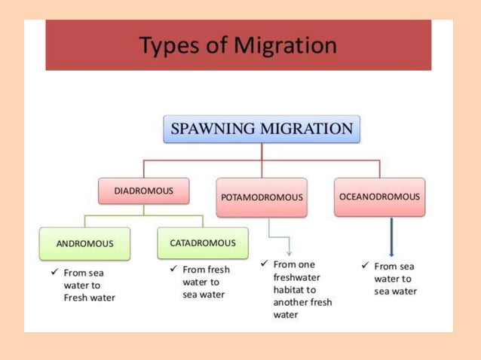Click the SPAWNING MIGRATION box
[x=262, y=129]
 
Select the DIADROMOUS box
[x=143, y=191]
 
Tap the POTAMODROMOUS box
[x=262, y=197]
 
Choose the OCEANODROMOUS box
[x=379, y=197]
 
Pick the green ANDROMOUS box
[x=84, y=244]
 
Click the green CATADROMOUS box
[x=202, y=243]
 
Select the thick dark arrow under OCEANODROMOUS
[x=391, y=238]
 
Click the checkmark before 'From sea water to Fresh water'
[x=54, y=272]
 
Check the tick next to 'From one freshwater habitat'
[x=264, y=264]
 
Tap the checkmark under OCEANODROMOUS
[x=365, y=265]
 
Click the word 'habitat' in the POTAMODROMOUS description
[x=289, y=290]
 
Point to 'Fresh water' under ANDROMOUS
[x=90, y=297]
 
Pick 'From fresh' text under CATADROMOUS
[x=206, y=269]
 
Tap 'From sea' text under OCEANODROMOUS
[x=394, y=266]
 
